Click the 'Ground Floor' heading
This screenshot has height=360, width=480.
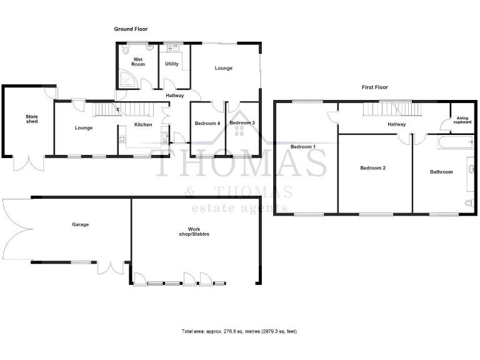pyautogui.click(x=131, y=29)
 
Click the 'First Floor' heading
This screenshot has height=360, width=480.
pyautogui.click(x=375, y=87)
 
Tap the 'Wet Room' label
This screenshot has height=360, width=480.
pyautogui.click(x=138, y=62)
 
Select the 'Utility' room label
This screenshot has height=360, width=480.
pyautogui.click(x=171, y=64)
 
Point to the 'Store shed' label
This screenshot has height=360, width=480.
pyautogui.click(x=32, y=119)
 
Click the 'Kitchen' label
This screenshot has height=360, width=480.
pyautogui.click(x=143, y=125)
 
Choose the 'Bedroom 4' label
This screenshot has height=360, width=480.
pyautogui.click(x=207, y=123)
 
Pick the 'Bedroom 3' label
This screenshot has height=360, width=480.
pyautogui.click(x=242, y=122)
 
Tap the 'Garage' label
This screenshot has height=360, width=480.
pyautogui.click(x=80, y=224)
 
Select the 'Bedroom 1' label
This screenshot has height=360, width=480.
pyautogui.click(x=303, y=146)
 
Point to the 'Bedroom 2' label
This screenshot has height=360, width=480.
pyautogui.click(x=372, y=168)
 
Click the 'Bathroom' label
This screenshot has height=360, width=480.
pyautogui.click(x=441, y=171)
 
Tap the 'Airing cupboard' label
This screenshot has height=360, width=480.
pyautogui.click(x=463, y=120)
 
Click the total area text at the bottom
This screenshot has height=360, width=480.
pyautogui.click(x=239, y=331)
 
